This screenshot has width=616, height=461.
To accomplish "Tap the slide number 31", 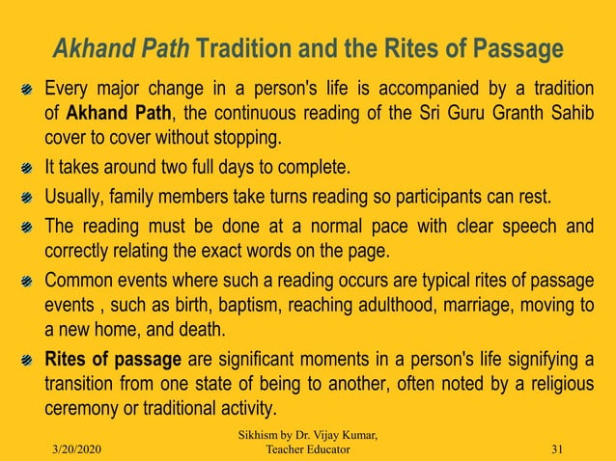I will click(555, 448).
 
